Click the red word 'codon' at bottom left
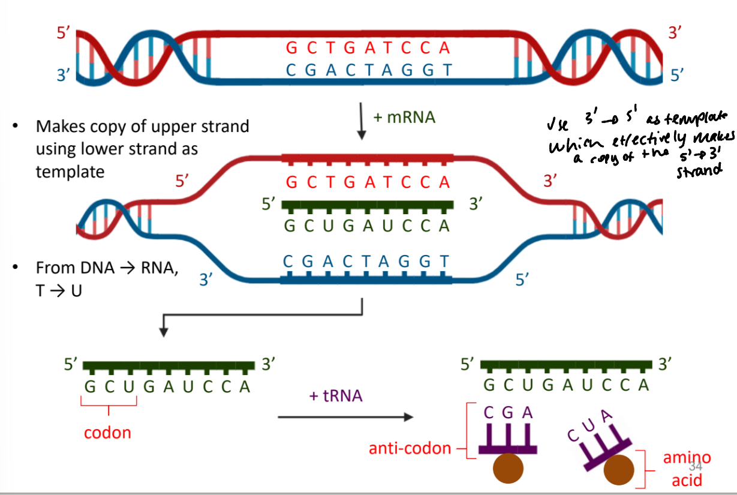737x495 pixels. pyautogui.click(x=107, y=432)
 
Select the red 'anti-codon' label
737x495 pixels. pyautogui.click(x=410, y=448)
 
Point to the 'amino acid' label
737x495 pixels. pyautogui.click(x=686, y=469)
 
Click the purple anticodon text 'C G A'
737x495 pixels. pyautogui.click(x=507, y=413)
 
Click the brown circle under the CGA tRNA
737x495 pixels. pyautogui.click(x=508, y=470)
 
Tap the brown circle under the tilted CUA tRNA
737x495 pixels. pyautogui.click(x=618, y=470)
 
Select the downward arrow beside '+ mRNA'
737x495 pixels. pyautogui.click(x=362, y=121)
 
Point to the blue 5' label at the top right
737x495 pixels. pyautogui.click(x=678, y=75)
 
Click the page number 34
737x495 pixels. pyautogui.click(x=696, y=467)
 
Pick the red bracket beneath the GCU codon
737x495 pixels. pyautogui.click(x=109, y=407)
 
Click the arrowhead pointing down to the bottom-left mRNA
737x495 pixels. pyautogui.click(x=163, y=331)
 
